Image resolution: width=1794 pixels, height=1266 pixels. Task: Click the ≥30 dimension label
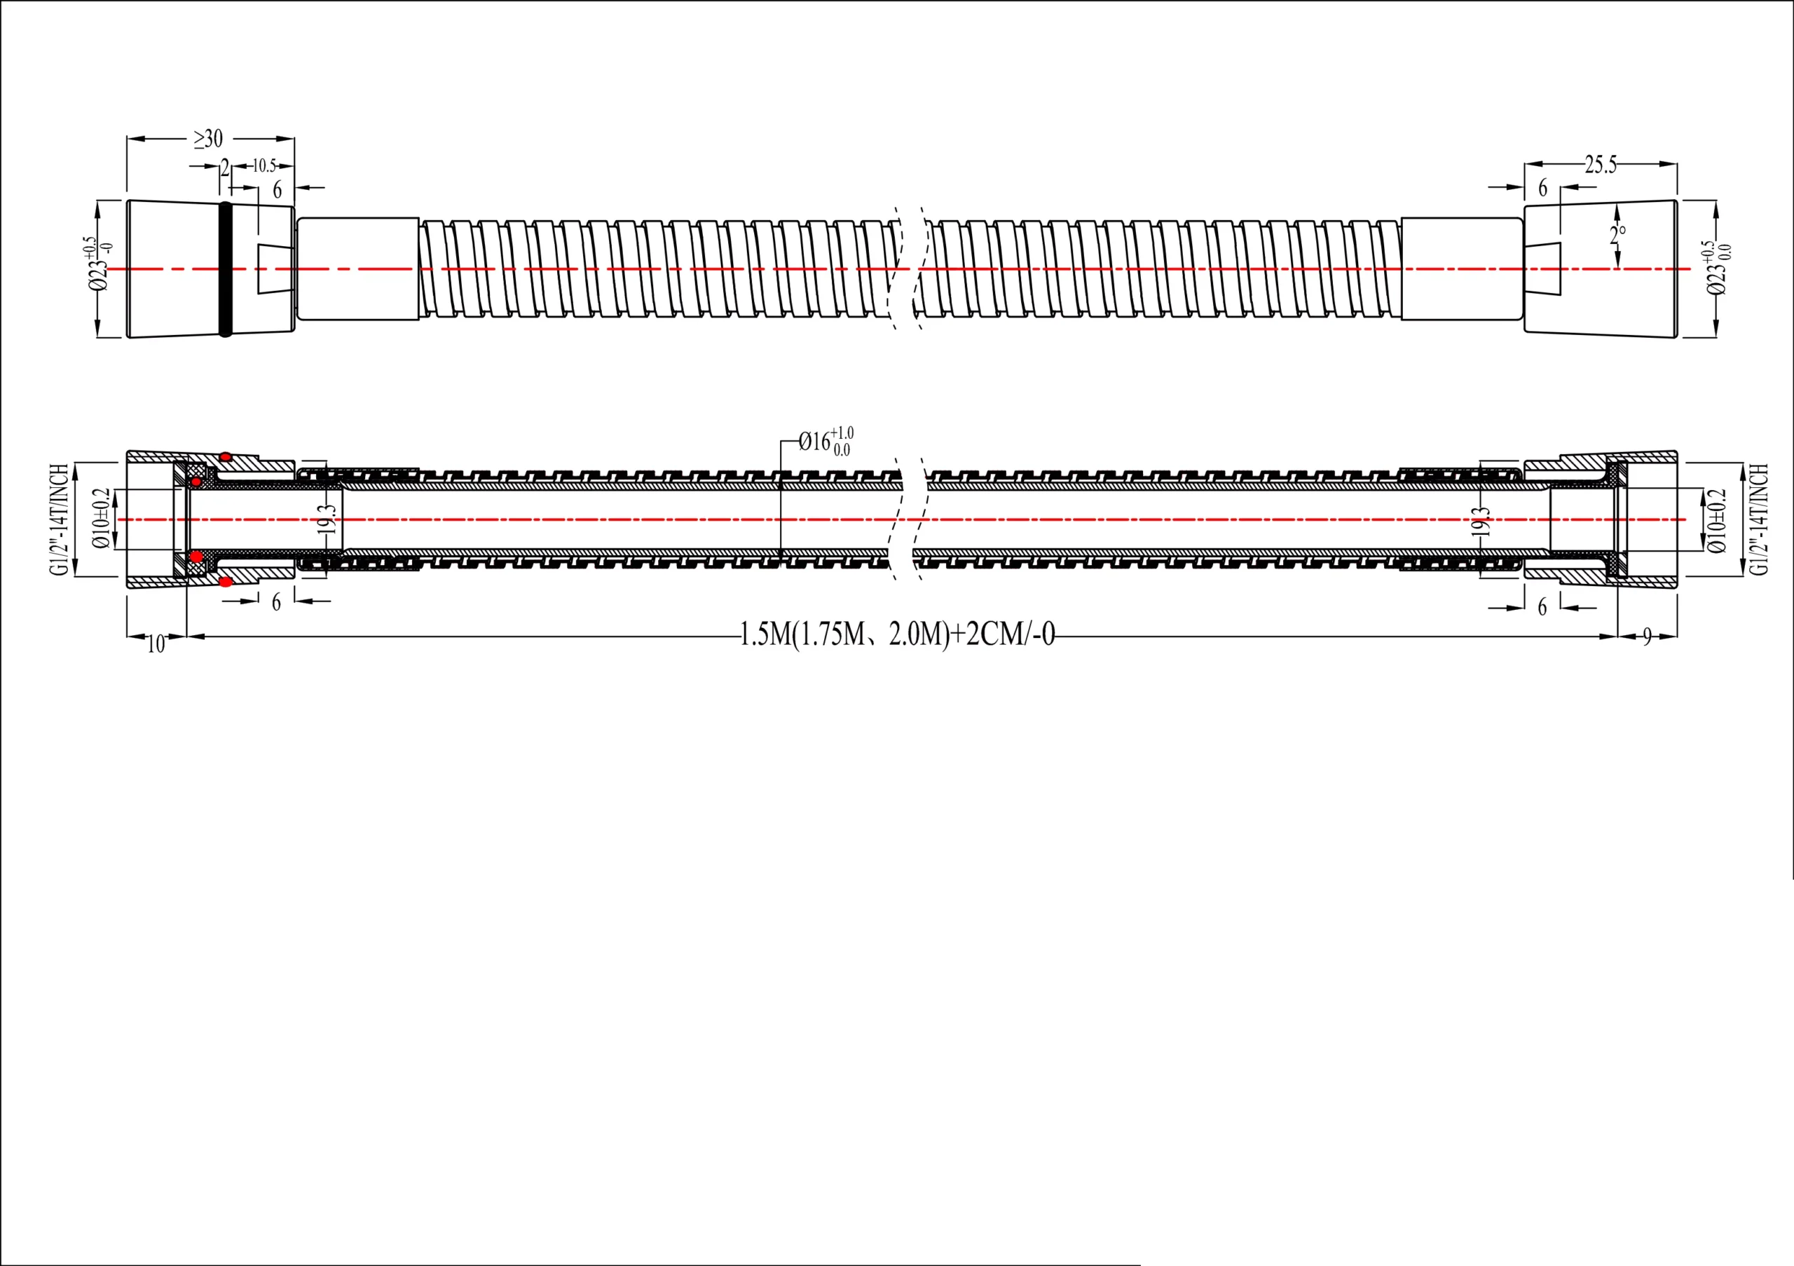pyautogui.click(x=209, y=139)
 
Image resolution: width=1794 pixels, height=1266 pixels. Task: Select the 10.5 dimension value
pyautogui.click(x=263, y=165)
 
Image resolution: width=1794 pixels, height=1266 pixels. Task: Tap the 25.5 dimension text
pyautogui.click(x=1600, y=164)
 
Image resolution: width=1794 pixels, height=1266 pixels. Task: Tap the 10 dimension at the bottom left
pyautogui.click(x=156, y=644)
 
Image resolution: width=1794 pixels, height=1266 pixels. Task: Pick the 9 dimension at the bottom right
pyautogui.click(x=1647, y=638)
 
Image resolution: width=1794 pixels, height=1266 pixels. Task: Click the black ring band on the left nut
pyautogui.click(x=226, y=268)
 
